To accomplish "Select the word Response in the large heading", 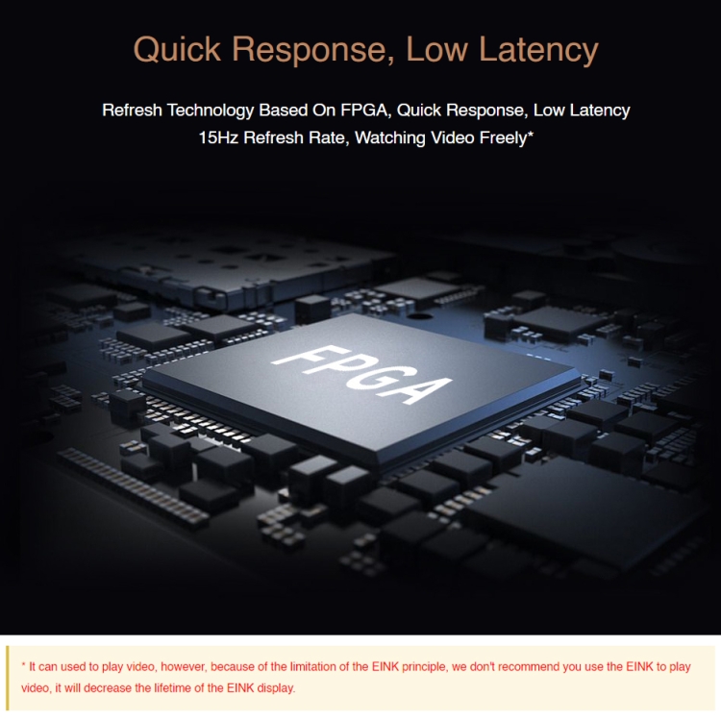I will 321,49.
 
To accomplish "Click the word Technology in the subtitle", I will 211,110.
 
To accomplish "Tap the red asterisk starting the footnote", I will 22,665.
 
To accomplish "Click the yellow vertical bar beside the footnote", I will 8,677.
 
